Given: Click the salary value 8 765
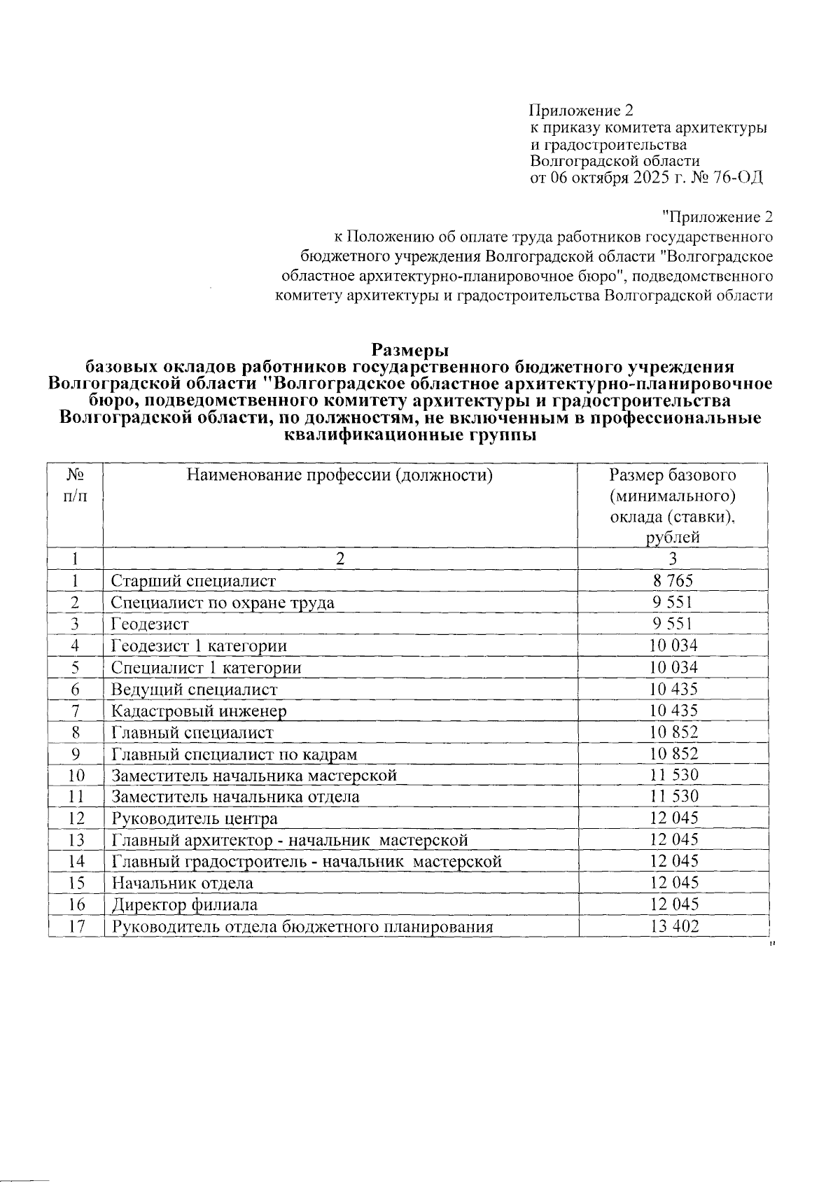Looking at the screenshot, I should tap(673, 580).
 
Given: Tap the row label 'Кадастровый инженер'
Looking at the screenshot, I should tap(199, 711).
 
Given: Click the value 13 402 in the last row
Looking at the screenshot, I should tap(673, 927).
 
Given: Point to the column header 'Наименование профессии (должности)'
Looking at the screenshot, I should tap(339, 476).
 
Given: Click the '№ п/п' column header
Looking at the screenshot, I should tap(76, 486).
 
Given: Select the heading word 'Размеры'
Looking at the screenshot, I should tap(409, 349).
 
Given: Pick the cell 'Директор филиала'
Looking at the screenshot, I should tap(184, 905).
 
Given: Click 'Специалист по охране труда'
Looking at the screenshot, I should tap(223, 603).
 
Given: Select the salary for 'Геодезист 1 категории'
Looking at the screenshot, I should tap(673, 645).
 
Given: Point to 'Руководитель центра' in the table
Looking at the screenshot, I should tap(195, 818).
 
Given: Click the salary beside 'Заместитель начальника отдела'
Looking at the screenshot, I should tap(673, 797).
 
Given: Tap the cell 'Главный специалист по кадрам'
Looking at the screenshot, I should tap(234, 754).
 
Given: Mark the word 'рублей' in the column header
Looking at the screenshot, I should tap(673, 538).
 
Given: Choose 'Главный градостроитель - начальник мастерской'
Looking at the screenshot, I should tap(307, 862).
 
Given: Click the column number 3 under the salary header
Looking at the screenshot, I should tap(673, 559).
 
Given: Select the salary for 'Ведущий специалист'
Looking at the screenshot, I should tap(673, 689).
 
